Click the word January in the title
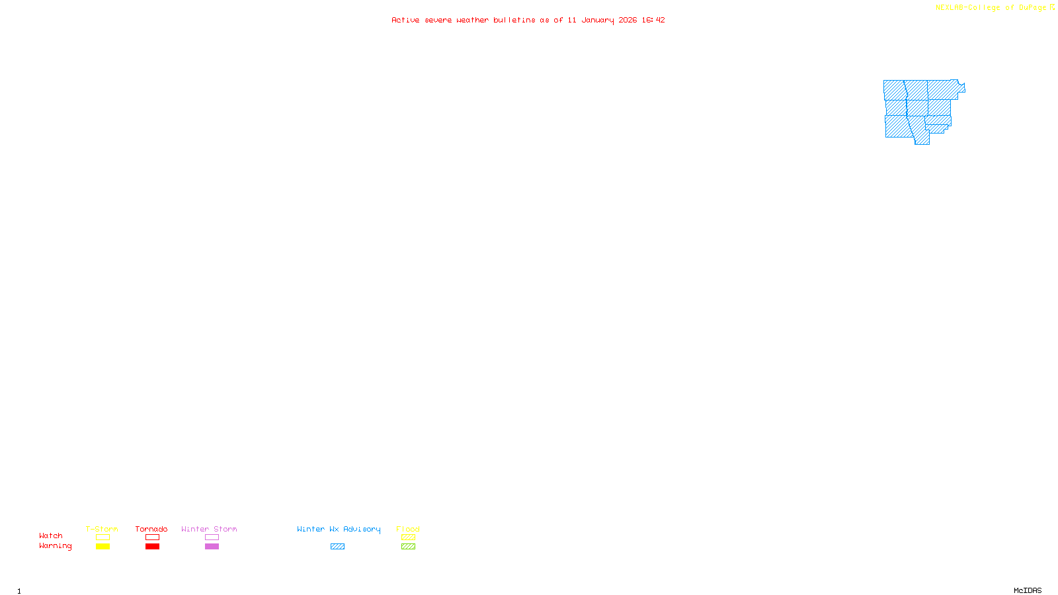pos(597,20)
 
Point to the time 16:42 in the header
pos(653,20)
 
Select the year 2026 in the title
pos(628,20)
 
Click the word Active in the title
pos(405,20)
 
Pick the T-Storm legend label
pos(102,529)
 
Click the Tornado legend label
pos(151,529)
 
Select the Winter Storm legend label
pos(209,529)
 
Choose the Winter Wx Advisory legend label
pos(339,529)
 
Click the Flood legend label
pos(408,529)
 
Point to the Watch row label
pos(51,535)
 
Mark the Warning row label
pos(55,546)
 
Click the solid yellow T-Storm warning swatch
pos(102,547)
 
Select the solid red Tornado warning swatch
pos(152,547)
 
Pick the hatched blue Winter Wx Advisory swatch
pos(337,547)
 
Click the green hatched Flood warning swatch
pos(408,547)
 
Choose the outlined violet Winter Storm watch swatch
pos(212,537)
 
